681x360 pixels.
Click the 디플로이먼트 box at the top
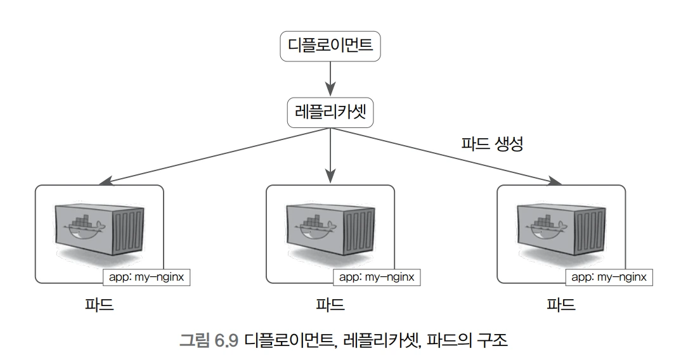[330, 46]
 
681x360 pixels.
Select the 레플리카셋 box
[330, 112]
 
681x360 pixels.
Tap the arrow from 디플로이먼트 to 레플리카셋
[330, 79]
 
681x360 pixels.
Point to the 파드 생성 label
[492, 144]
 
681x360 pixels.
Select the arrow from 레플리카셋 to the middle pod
[330, 155]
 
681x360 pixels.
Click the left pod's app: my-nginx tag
[146, 277]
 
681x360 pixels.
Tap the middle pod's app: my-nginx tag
[377, 277]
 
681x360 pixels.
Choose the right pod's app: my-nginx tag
[609, 277]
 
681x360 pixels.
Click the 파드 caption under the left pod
[100, 304]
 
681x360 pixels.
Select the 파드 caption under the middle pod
[330, 304]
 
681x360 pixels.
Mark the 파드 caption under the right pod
[561, 304]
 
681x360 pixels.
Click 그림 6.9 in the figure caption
[209, 340]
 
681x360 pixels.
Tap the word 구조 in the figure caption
[493, 340]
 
